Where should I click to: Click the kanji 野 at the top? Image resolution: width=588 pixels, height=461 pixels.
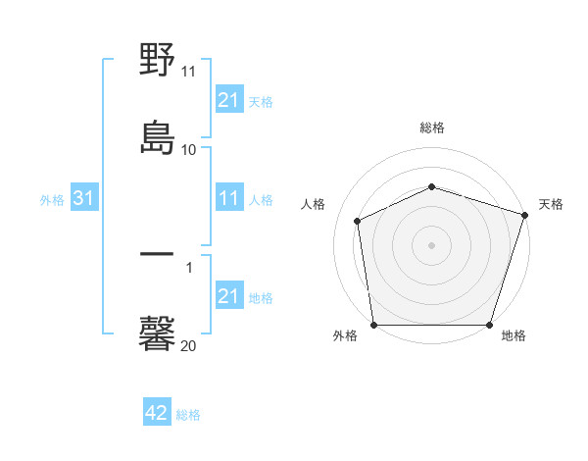[x=158, y=62]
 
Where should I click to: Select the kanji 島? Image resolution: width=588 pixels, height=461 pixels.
[x=158, y=138]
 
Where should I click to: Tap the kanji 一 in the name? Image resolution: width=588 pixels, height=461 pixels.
[x=158, y=255]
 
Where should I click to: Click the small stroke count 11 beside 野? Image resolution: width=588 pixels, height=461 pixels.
[x=188, y=72]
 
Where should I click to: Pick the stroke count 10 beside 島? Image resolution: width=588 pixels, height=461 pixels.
[x=188, y=149]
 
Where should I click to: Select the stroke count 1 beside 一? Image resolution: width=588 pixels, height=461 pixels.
[x=189, y=266]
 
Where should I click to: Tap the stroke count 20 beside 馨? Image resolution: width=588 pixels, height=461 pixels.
[x=188, y=345]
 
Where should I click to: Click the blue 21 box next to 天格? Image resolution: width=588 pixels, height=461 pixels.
[x=228, y=100]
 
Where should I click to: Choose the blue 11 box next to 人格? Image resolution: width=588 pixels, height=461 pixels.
[x=228, y=199]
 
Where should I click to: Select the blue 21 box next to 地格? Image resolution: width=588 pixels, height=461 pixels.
[x=228, y=297]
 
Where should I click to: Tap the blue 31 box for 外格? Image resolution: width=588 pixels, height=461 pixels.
[x=84, y=199]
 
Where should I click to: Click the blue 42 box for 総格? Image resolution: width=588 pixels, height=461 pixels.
[x=157, y=414]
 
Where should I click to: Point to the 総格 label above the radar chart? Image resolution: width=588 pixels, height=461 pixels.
[x=431, y=128]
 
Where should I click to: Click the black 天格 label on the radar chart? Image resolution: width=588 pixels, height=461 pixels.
[x=551, y=204]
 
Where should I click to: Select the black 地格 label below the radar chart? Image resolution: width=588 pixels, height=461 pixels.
[x=514, y=336]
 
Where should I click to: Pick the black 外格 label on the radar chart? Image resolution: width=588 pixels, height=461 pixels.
[x=345, y=336]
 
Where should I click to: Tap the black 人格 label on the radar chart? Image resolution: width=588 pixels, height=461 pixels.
[x=313, y=204]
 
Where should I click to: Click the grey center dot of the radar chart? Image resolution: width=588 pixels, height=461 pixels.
[x=431, y=244]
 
